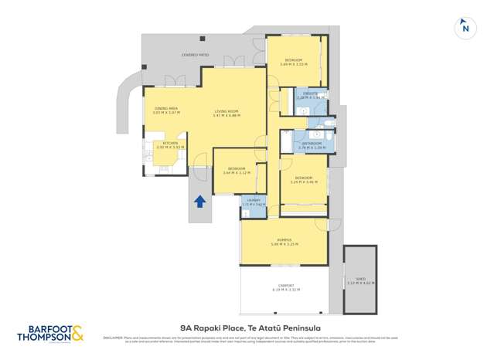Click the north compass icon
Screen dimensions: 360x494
coord(465,27)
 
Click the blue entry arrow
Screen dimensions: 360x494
coord(199,202)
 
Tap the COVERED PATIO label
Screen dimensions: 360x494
coord(195,56)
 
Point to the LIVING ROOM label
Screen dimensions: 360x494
coord(227,111)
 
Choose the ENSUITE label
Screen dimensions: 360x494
coord(308,94)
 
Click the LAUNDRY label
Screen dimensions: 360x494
coord(254,200)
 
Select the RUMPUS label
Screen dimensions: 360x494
coord(283,240)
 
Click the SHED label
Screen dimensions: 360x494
coord(361,279)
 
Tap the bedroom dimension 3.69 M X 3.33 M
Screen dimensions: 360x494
coord(294,65)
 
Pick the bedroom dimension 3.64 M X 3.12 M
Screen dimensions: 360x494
coord(237,173)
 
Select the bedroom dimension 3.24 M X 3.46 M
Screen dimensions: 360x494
coord(304,182)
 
